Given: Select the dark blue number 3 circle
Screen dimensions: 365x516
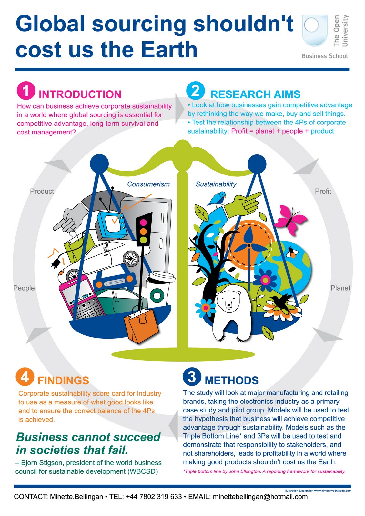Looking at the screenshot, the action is click(x=192, y=376).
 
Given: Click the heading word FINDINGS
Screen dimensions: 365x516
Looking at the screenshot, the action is click(x=63, y=381).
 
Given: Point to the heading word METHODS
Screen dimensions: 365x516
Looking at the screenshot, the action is click(x=231, y=381).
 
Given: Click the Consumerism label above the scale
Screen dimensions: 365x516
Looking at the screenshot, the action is click(x=148, y=184).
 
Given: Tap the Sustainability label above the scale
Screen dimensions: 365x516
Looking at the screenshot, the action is click(x=216, y=184).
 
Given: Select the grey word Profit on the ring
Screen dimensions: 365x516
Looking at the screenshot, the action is click(x=323, y=191).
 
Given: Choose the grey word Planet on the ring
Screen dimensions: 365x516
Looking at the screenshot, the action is click(x=340, y=288).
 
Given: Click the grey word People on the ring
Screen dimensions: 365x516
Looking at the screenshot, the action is click(x=24, y=288).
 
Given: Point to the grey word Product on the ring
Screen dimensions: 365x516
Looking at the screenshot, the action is click(x=42, y=191).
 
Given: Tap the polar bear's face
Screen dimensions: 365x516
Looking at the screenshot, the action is click(x=228, y=301).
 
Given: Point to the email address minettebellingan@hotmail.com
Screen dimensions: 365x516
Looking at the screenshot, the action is click(x=260, y=497).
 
